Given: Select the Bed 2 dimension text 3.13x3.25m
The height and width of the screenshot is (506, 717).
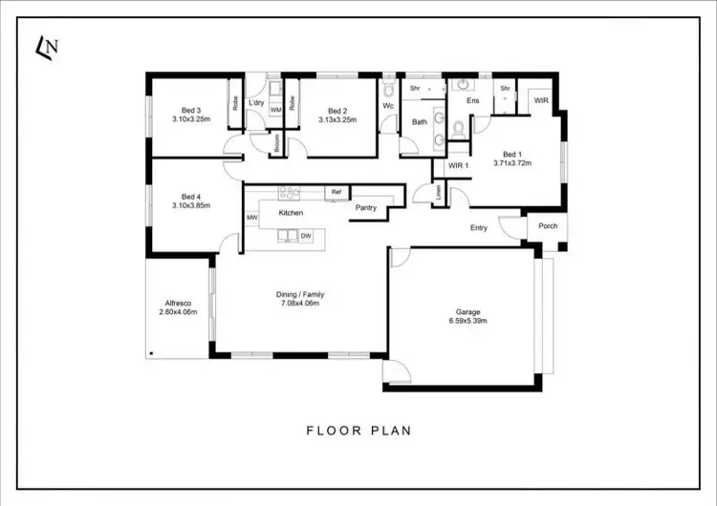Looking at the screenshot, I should pos(337,119).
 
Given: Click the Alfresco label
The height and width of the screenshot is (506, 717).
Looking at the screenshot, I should pos(178,301).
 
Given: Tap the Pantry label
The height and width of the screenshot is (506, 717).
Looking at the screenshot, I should pos(365,207).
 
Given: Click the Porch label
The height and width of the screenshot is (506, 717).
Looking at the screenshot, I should pos(548,226).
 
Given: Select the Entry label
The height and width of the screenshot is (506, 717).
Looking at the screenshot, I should pos(479,228).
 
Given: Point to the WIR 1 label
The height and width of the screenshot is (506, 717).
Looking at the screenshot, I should pos(460,166).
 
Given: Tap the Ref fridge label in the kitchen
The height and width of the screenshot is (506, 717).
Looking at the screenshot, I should pos(336,192).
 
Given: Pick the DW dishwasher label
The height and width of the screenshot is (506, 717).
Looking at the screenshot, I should pos(305,235).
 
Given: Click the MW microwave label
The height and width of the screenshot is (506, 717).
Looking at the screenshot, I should pos(252,218).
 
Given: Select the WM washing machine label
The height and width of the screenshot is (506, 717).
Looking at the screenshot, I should pos(275,111).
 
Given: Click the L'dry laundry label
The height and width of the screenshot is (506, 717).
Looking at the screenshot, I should pos(256,102).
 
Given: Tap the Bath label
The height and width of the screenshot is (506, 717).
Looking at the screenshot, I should pos(420,122).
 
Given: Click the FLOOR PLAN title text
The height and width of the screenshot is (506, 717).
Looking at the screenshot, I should pos(358,431).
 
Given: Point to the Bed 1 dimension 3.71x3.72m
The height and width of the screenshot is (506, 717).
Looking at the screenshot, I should pos(512,162).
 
